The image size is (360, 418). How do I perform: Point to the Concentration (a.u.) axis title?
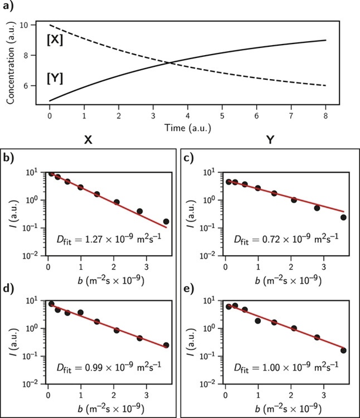pyautogui.click(x=10, y=60)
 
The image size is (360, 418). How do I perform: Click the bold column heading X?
pyautogui.click(x=89, y=141)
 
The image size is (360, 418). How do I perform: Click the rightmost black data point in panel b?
pyautogui.click(x=166, y=222)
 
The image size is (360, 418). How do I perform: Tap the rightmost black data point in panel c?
pyautogui.click(x=343, y=217)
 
